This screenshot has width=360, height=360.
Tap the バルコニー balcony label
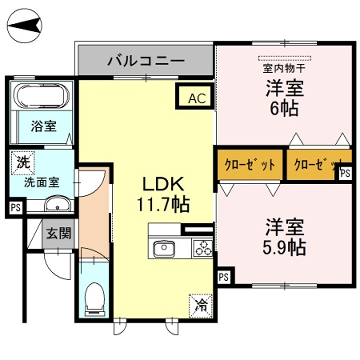tap(146, 61)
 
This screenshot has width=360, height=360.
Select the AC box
tap(195, 97)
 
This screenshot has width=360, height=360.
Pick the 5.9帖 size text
tap(284, 246)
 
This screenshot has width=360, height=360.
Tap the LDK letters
tap(158, 185)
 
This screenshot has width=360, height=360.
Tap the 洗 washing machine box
tap(21, 160)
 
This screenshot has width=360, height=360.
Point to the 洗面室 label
tap(42, 183)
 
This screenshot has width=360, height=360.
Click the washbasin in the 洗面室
tap(55, 205)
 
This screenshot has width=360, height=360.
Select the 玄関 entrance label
tap(57, 232)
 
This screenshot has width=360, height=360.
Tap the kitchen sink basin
tap(163, 248)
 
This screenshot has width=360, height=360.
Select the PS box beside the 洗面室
tap(15, 208)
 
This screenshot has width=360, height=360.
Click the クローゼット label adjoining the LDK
tap(247, 163)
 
